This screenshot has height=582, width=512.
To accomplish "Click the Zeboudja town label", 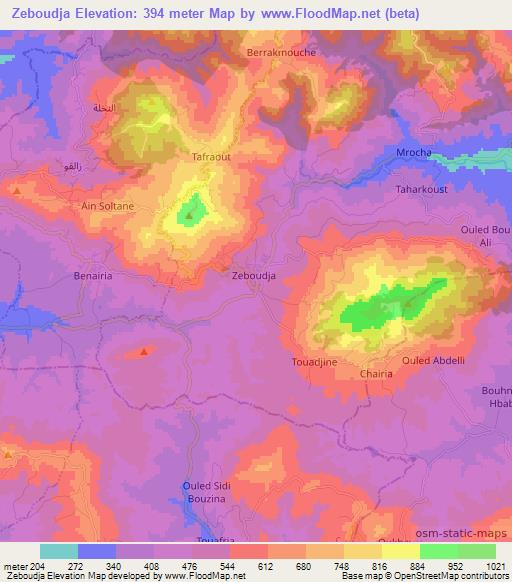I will pyautogui.click(x=254, y=274).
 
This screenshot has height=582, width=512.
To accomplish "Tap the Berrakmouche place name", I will pyautogui.click(x=280, y=52).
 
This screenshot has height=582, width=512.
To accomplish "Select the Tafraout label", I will pyautogui.click(x=211, y=157).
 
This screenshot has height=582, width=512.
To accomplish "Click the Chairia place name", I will pyautogui.click(x=377, y=374).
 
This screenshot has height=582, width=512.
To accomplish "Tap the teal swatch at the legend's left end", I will pyautogui.click(x=59, y=551).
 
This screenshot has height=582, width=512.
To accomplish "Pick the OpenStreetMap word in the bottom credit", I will pyautogui.click(x=409, y=576).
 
